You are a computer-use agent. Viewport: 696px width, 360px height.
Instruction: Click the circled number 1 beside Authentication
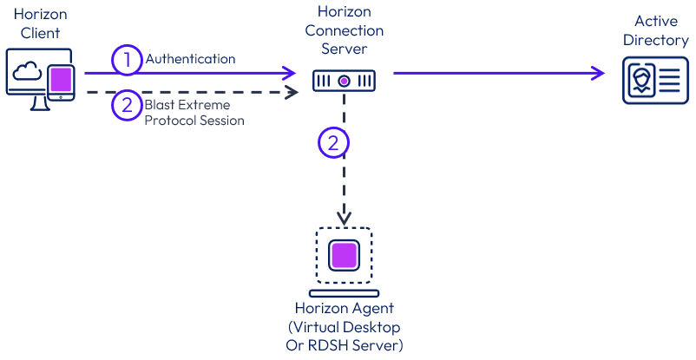127,60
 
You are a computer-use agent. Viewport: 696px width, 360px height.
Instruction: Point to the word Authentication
190,59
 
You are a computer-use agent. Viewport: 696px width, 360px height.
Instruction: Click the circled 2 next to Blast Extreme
127,106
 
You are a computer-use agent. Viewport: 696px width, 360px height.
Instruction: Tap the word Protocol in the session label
172,121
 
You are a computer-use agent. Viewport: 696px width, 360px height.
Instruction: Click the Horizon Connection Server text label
345,30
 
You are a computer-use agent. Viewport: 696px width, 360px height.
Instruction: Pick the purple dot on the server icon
345,81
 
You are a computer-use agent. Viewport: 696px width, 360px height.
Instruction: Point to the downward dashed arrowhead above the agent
345,213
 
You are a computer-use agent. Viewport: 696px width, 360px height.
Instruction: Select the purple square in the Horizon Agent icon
345,257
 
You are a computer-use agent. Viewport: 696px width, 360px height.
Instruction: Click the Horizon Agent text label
345,309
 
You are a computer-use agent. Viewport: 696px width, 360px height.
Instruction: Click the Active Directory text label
655,29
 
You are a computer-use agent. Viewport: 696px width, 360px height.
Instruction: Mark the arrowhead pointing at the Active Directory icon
597,74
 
